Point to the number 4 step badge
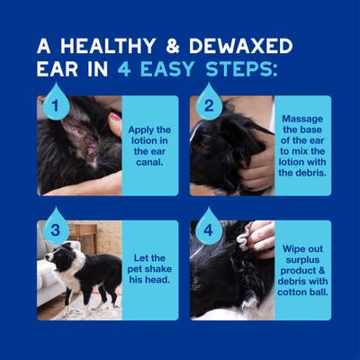pyautogui.click(x=209, y=229)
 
